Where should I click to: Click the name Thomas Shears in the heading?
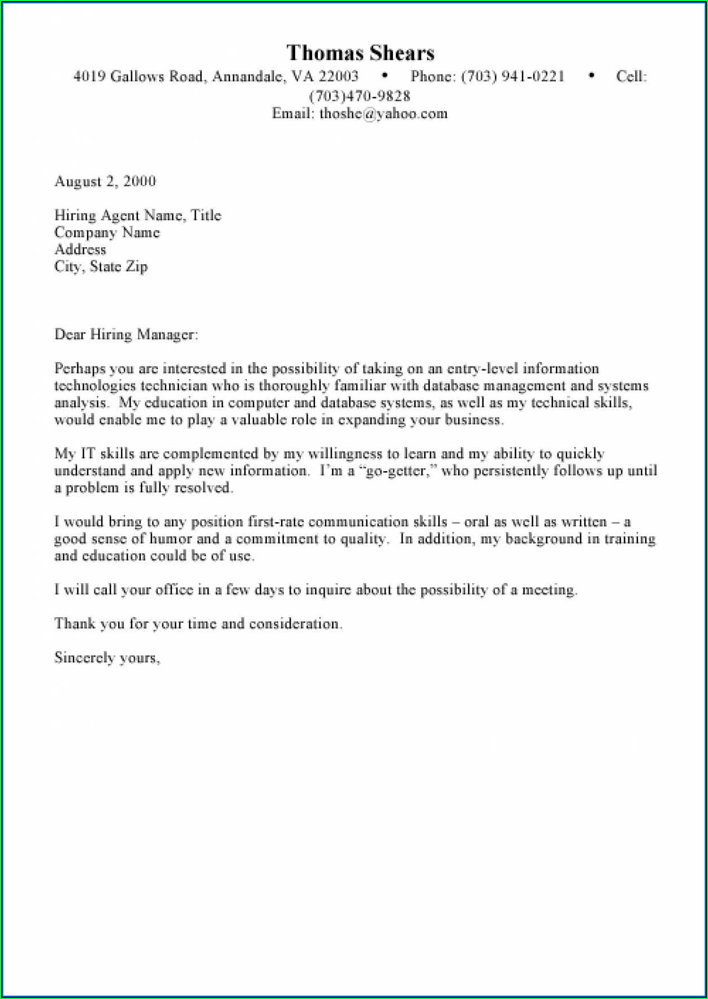coord(360,53)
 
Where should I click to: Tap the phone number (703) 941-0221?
coord(512,76)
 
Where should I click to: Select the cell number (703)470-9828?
coord(360,96)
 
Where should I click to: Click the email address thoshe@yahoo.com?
coord(383,114)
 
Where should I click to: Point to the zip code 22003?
coord(338,76)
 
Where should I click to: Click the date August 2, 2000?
coord(105,182)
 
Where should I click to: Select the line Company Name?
coord(107,232)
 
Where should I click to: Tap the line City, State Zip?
coord(101,266)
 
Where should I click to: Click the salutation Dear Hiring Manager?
coord(126,334)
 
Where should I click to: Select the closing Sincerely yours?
coord(107,657)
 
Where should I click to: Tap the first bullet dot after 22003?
coord(385,75)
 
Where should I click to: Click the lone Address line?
coord(80,249)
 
